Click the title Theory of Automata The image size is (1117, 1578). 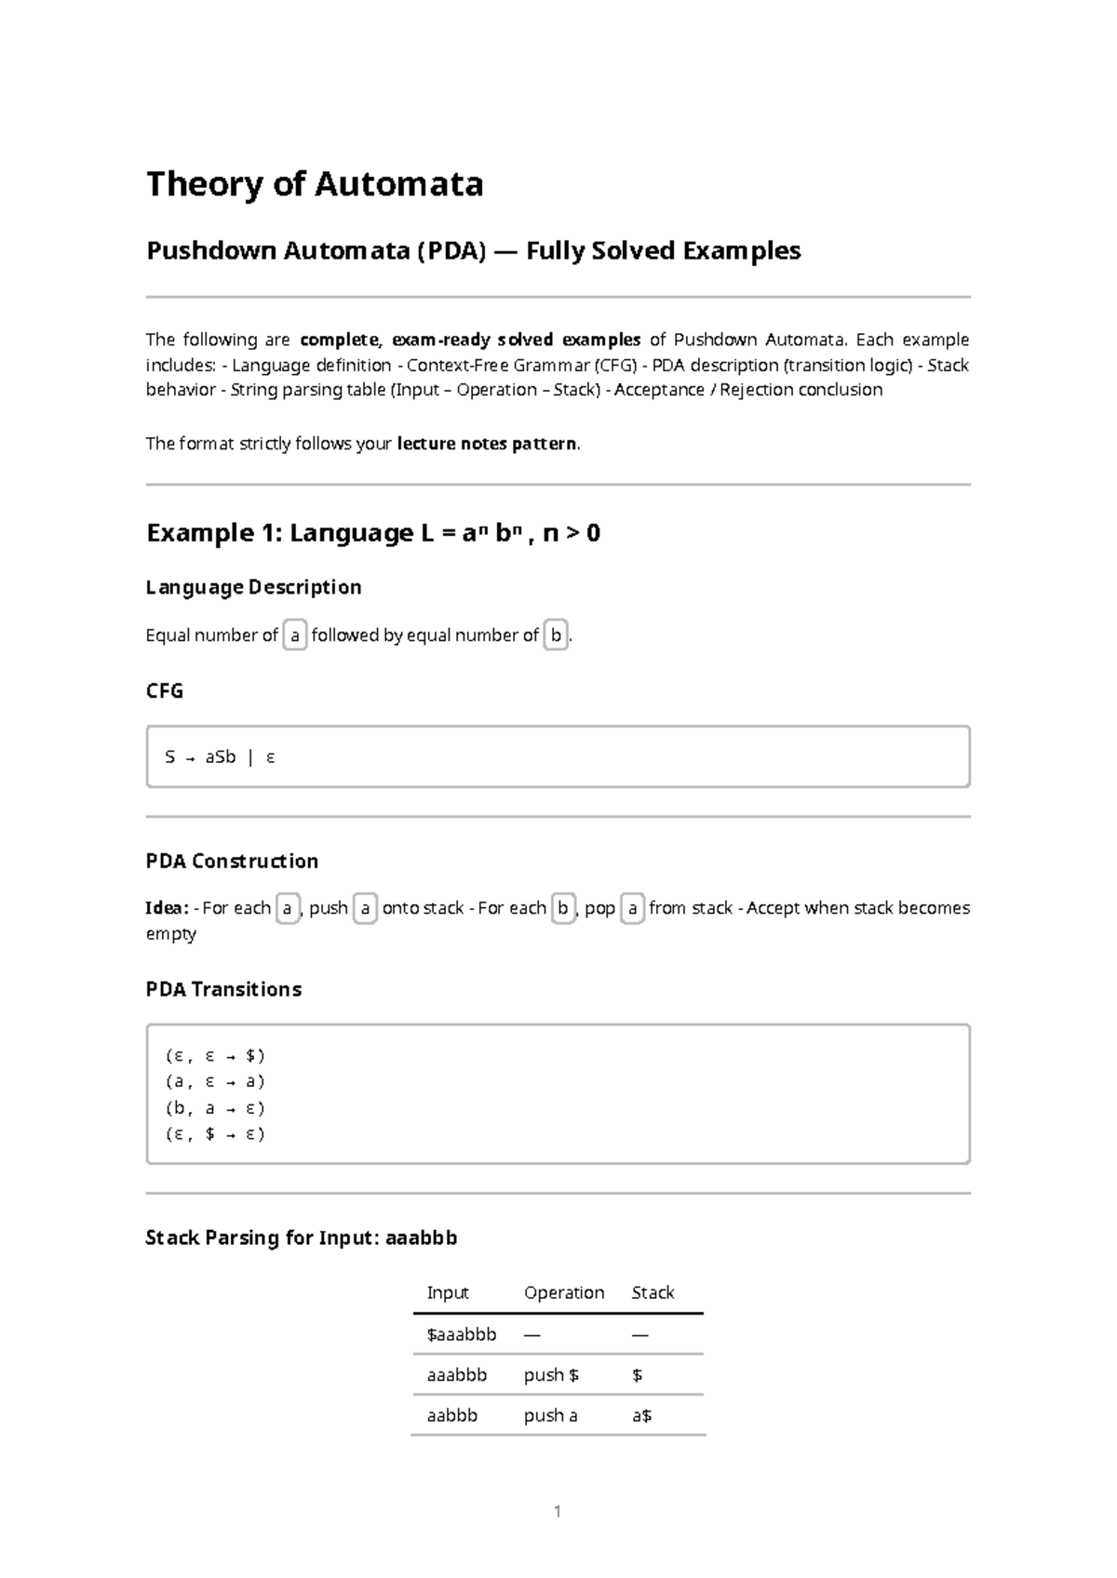(x=315, y=184)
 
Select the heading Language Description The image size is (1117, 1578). (x=253, y=587)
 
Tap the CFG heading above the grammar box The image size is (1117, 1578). (x=165, y=690)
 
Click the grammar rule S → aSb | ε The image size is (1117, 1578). (x=220, y=757)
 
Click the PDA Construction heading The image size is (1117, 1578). (x=232, y=861)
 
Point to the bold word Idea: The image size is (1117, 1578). (x=168, y=908)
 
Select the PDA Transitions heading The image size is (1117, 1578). (x=223, y=989)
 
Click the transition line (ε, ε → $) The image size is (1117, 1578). (x=215, y=1056)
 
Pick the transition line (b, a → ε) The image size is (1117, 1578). (x=215, y=1108)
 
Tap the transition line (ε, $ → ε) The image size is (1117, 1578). (x=215, y=1134)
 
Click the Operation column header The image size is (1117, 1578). (x=564, y=1292)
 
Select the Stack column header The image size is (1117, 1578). (x=653, y=1292)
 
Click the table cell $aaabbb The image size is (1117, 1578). (x=462, y=1334)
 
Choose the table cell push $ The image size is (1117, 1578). (x=551, y=1375)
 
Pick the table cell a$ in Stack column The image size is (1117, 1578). (x=641, y=1416)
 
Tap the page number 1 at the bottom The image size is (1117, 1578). (x=558, y=1512)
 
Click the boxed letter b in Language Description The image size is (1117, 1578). (x=556, y=635)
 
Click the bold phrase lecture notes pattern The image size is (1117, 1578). (x=487, y=444)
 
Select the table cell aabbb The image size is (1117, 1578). (x=451, y=1416)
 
